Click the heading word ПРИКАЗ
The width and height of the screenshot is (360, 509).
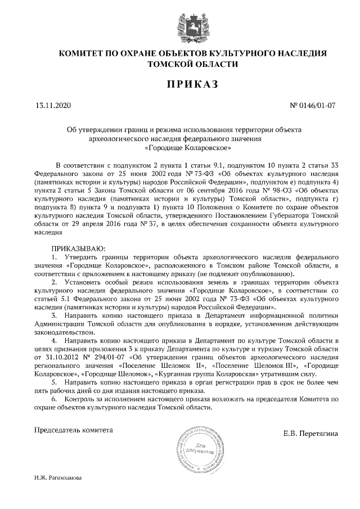click(180, 84)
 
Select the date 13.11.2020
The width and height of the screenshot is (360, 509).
click(53, 105)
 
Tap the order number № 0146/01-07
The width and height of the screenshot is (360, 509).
click(313, 105)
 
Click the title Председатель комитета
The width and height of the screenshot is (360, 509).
click(74, 430)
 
